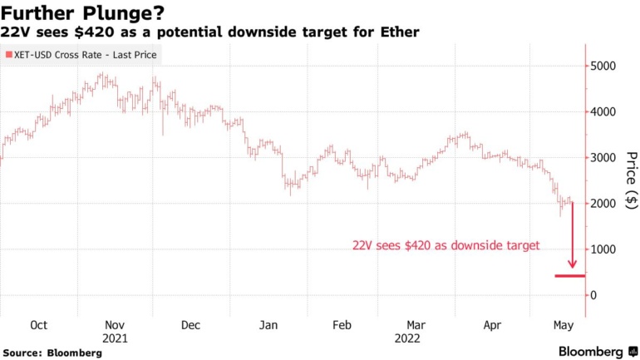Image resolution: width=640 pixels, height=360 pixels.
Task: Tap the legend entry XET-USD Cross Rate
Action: click(81, 56)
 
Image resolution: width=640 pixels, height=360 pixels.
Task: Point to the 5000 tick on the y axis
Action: click(604, 66)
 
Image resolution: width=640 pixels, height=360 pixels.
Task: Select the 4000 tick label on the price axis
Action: click(604, 111)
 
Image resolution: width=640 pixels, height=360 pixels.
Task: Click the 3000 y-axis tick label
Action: click(604, 157)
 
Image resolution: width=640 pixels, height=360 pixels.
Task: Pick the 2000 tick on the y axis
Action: click(604, 204)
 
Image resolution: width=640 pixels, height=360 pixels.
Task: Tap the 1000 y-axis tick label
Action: click(604, 249)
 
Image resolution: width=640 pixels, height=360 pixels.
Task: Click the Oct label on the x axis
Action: click(38, 325)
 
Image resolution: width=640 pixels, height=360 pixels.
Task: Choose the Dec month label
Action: click(190, 325)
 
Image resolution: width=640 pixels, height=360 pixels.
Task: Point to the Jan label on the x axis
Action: click(268, 325)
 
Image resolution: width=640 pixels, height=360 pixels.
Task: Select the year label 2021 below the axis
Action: click(115, 338)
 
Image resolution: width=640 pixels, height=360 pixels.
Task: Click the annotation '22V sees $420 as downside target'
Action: click(446, 245)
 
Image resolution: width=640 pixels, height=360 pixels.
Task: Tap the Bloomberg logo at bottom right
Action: click(591, 352)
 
